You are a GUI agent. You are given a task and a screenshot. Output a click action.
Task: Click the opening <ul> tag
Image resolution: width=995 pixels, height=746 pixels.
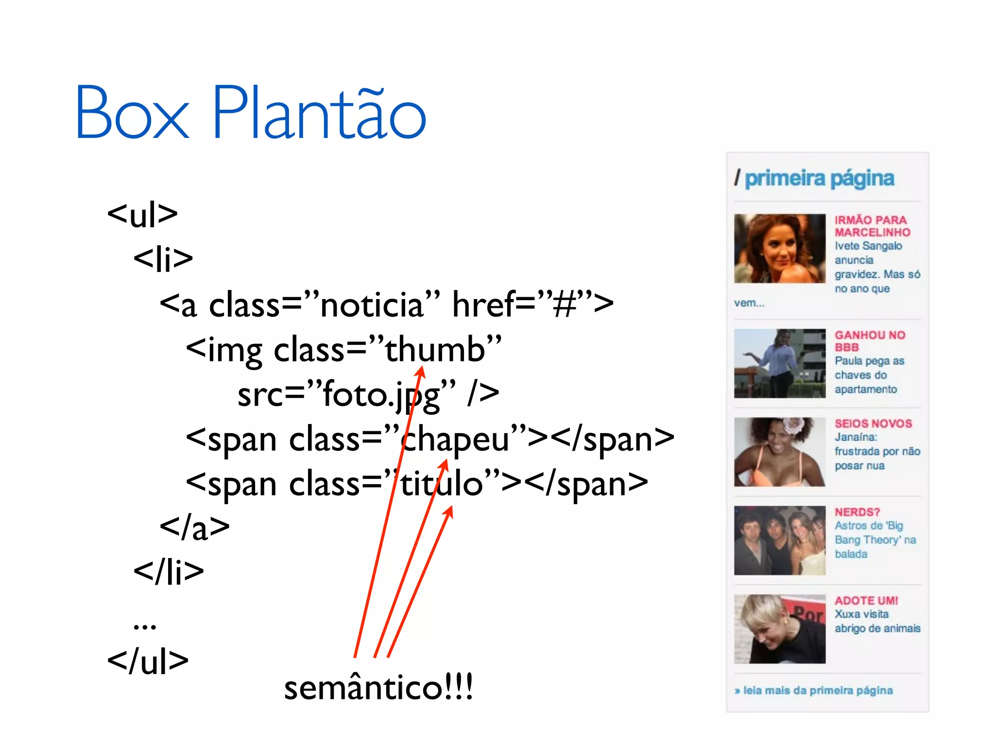(x=142, y=214)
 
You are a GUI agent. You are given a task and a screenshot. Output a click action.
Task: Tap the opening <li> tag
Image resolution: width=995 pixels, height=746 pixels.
(x=163, y=259)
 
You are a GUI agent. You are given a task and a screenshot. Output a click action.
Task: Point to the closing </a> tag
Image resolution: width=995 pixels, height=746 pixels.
(x=194, y=527)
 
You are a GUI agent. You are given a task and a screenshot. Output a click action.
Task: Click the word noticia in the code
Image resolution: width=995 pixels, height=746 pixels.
(x=372, y=305)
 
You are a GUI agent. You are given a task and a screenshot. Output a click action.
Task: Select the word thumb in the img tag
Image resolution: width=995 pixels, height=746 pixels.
(x=435, y=349)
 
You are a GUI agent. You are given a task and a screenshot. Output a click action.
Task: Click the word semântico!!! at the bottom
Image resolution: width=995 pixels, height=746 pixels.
(x=378, y=688)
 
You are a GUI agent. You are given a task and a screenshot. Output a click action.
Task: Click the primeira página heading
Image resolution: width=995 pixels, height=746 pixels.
(x=819, y=179)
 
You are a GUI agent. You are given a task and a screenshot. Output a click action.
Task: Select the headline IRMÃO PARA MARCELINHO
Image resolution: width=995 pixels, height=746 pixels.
(x=872, y=226)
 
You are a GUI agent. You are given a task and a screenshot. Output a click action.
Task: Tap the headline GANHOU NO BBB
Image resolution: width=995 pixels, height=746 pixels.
(x=870, y=341)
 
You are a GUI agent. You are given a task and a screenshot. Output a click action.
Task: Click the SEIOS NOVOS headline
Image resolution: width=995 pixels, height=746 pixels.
(x=873, y=424)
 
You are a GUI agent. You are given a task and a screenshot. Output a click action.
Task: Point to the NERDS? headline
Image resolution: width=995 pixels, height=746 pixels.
(x=857, y=512)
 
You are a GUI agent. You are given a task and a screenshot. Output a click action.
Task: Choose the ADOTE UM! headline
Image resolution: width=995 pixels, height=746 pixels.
(x=866, y=601)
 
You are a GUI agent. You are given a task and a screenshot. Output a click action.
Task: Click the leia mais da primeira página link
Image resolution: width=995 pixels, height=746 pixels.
(x=818, y=691)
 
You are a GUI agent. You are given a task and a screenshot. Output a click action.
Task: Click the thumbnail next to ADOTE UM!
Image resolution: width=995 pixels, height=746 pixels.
(x=779, y=629)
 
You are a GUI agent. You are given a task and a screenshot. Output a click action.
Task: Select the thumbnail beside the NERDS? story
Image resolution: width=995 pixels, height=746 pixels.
(x=779, y=541)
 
